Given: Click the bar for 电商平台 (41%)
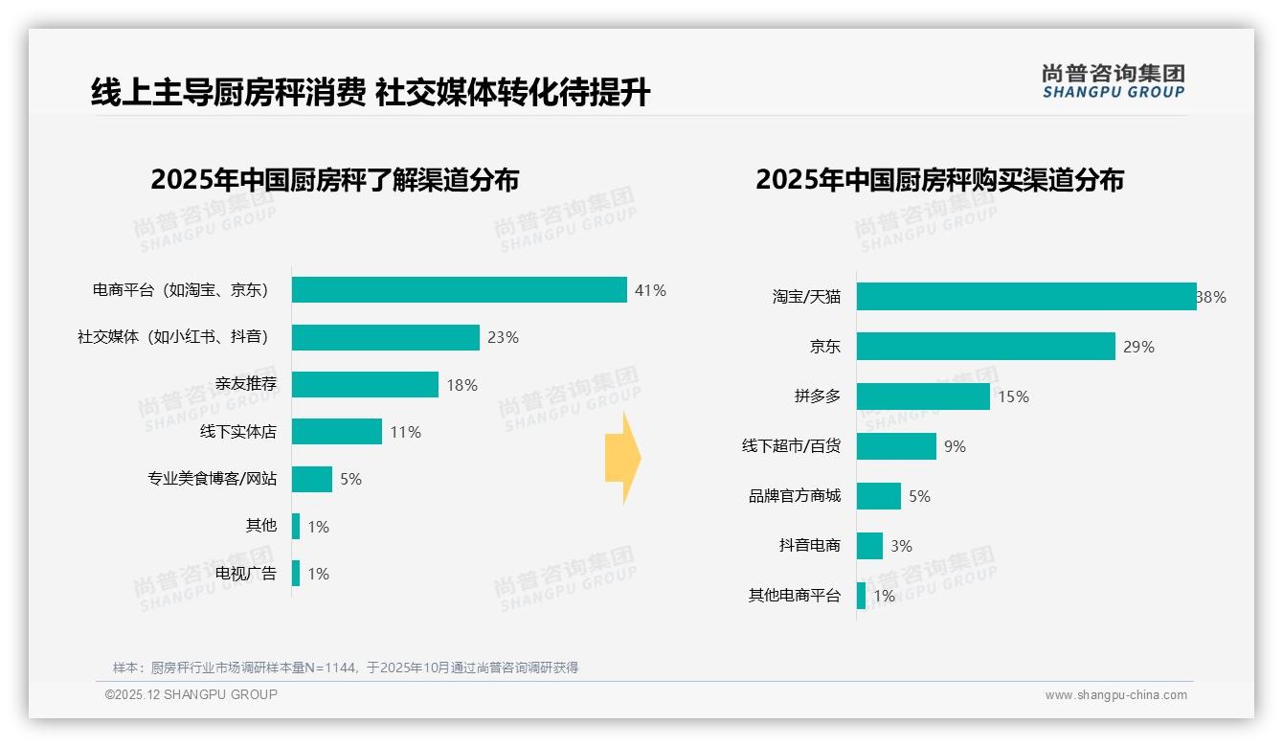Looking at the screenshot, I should point(459,290).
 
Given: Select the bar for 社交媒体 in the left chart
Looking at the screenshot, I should point(385,337).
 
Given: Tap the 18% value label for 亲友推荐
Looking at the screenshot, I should point(461,385).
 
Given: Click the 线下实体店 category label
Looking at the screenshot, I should point(237,432).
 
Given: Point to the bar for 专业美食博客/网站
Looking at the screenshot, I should point(312,479).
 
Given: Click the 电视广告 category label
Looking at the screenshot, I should point(245,574).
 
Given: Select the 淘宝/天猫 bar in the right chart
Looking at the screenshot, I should point(1025,297).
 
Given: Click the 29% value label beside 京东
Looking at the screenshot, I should point(1138,347).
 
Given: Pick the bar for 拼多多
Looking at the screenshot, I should point(923,396).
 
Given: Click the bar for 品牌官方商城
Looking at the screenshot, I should point(879,496).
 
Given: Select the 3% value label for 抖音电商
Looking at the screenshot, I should point(901,546).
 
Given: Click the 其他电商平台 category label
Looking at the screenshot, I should point(794,596).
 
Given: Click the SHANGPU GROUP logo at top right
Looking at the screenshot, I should point(1113,81).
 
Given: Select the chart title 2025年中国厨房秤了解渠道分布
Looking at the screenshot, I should point(334,180).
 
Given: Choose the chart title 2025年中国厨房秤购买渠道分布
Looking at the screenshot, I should point(939,180).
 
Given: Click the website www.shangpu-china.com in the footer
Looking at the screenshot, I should point(1115,695).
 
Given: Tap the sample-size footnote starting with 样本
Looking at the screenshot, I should point(345,668).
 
